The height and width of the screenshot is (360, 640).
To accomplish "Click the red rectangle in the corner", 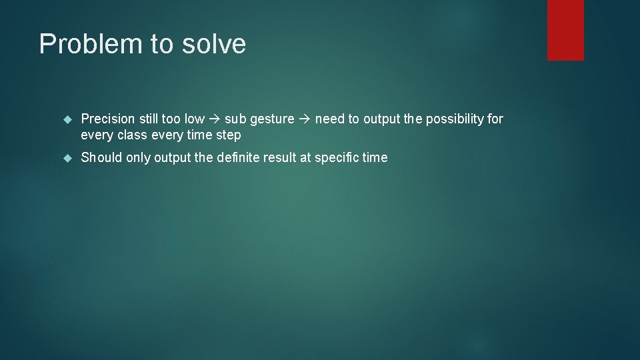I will pos(565,30).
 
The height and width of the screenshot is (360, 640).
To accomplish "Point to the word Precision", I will pos(108,119).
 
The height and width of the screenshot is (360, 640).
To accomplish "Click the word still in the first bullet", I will pos(149,119).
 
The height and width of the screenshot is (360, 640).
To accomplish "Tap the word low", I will pos(194,119).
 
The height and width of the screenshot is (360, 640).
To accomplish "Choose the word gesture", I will pos(271,119).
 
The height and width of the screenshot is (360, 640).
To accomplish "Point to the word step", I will pos(228,135).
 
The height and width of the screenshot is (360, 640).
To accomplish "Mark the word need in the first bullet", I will pos(329,119).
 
